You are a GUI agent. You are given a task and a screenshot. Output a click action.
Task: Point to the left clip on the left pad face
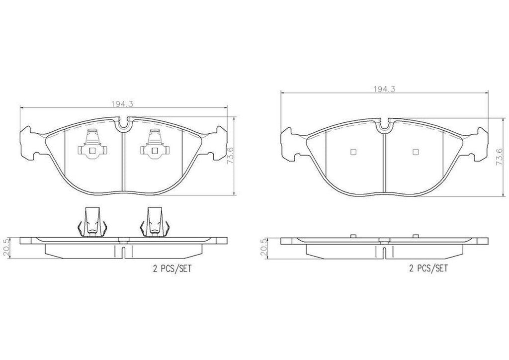pyautogui.click(x=92, y=144)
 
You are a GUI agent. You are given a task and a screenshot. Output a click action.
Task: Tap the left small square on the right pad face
pyautogui.click(x=353, y=152)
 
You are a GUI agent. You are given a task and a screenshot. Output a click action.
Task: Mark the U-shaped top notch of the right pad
pyautogui.click(x=384, y=125)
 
